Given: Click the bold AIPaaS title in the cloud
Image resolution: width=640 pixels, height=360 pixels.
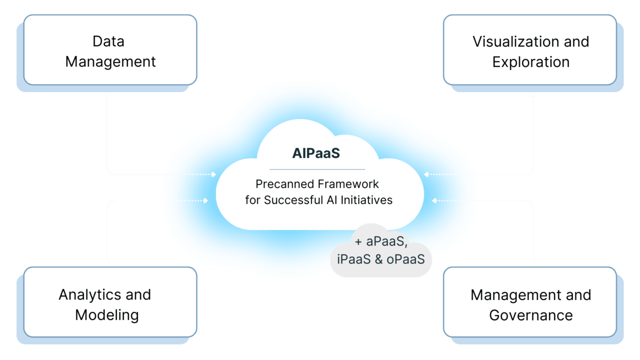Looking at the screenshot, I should (x=316, y=153).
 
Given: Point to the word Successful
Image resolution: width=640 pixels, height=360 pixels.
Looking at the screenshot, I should (x=288, y=200).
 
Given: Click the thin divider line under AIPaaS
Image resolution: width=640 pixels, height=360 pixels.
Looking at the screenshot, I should (x=317, y=169).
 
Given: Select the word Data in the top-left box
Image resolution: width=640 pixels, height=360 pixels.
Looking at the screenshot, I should (x=108, y=41).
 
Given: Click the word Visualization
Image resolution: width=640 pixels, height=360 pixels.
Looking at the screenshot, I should (x=516, y=41).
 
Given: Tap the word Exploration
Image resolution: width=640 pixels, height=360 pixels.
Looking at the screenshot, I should (x=530, y=62).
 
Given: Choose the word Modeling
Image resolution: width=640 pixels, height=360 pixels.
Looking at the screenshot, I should (x=107, y=315).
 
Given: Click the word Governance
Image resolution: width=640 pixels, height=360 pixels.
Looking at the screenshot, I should (x=530, y=315).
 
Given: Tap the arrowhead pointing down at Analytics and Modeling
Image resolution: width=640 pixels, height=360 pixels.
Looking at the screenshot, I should (x=106, y=263).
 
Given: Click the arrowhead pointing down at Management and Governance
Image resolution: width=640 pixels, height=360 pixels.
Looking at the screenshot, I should (x=533, y=263).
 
